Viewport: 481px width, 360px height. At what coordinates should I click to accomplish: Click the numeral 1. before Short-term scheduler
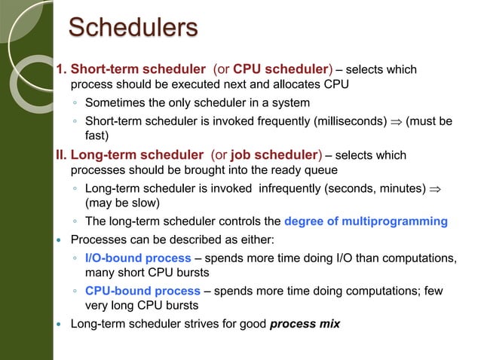62,69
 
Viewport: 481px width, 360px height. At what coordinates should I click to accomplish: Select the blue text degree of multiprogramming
366,221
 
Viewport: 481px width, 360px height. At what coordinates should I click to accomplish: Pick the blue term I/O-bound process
138,258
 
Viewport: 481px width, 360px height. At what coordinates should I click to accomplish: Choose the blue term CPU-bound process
142,291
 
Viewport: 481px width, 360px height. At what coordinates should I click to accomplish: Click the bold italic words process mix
305,324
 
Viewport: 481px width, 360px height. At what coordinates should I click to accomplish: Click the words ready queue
296,169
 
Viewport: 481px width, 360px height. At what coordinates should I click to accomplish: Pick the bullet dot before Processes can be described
59,240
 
